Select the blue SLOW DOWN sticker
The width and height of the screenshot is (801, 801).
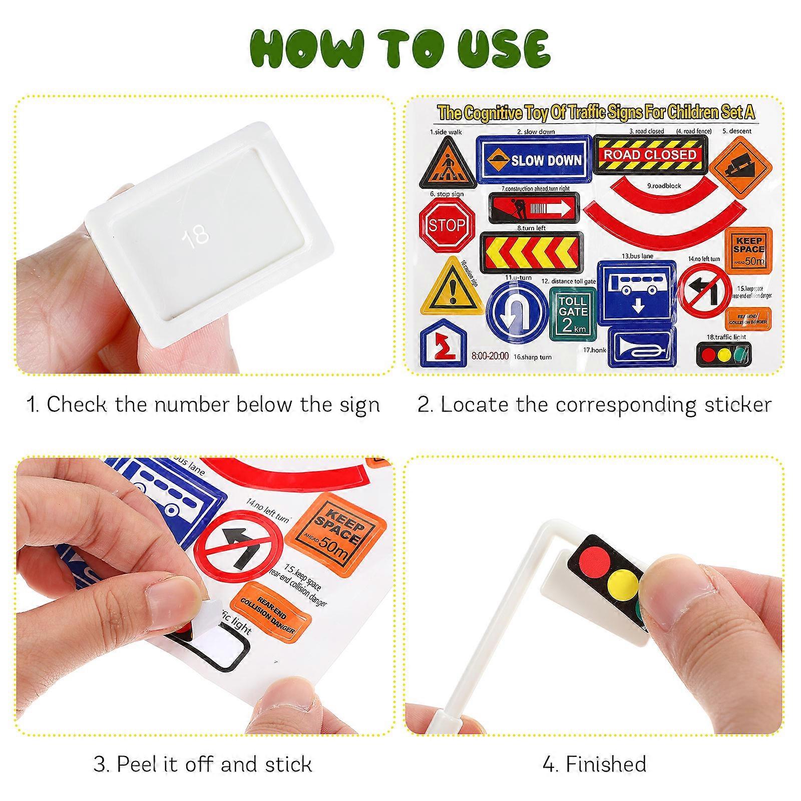click(534, 160)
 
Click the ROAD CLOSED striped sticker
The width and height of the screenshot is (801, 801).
click(650, 155)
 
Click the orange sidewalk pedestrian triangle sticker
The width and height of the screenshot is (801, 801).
click(448, 164)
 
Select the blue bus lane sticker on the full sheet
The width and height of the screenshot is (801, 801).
click(637, 292)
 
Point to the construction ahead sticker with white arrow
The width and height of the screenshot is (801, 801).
click(533, 208)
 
